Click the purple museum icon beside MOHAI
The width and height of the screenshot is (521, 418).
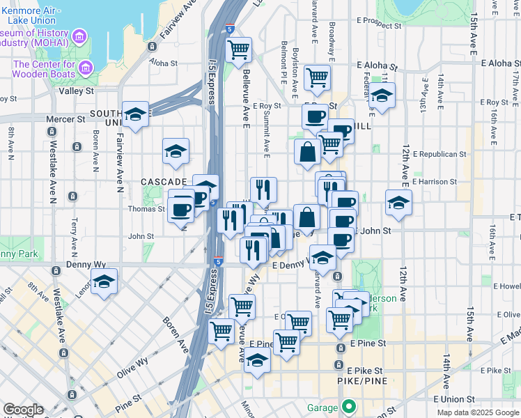(80, 36)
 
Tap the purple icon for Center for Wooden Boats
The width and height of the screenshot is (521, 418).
(86, 68)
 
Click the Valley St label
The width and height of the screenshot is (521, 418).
(77, 91)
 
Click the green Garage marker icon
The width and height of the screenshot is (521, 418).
(349, 407)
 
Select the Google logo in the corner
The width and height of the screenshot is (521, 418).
(23, 410)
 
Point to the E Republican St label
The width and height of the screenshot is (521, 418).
(439, 153)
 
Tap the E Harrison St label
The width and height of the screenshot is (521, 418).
(434, 181)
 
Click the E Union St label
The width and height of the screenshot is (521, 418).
(453, 399)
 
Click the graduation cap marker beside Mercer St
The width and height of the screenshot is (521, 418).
(135, 114)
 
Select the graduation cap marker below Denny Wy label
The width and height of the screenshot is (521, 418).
(104, 281)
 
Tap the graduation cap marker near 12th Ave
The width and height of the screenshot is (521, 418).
(398, 203)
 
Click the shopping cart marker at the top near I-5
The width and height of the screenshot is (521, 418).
(238, 49)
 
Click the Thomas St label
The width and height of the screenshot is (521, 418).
(146, 208)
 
